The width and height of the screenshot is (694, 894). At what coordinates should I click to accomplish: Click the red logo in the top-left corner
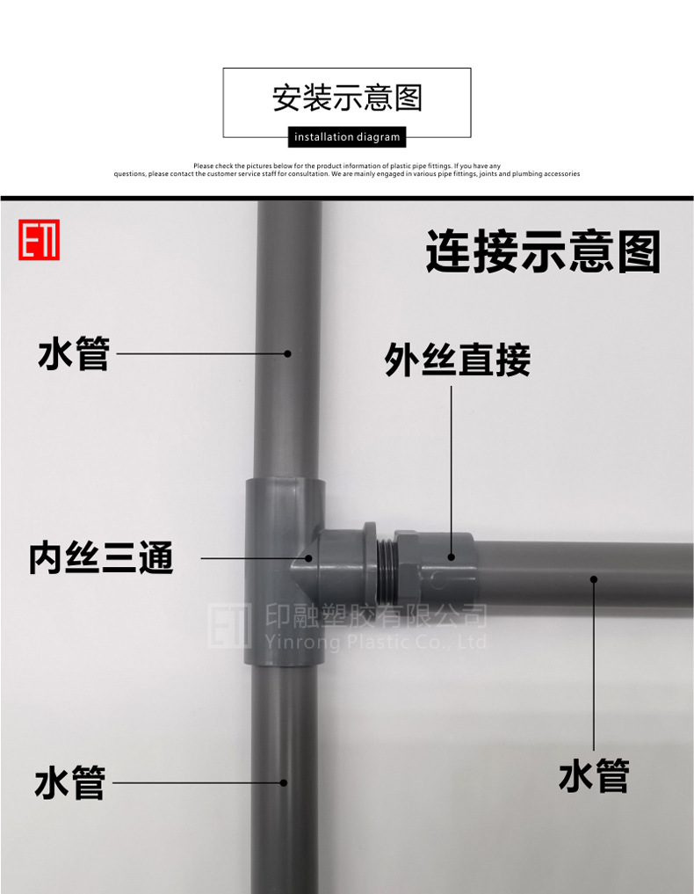(39, 239)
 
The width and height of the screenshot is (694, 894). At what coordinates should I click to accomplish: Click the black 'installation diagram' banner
(347, 137)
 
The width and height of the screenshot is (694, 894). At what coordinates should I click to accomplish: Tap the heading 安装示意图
(347, 98)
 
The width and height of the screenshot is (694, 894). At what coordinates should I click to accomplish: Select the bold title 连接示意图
(542, 252)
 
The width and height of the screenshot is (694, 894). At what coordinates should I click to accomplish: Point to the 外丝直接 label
(457, 360)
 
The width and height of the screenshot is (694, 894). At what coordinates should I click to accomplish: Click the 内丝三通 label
(101, 558)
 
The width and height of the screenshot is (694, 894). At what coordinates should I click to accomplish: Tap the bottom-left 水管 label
(70, 782)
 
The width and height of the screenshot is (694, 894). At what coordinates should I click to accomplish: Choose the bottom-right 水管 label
(594, 777)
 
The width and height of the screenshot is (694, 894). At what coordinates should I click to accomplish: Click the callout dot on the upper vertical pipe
(287, 353)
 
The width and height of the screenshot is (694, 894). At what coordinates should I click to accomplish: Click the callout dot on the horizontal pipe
(594, 579)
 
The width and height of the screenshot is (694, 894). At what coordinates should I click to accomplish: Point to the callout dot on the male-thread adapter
(452, 556)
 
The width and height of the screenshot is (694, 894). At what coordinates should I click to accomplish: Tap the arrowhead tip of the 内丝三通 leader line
(309, 557)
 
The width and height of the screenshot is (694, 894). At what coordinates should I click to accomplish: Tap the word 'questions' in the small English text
(129, 174)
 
